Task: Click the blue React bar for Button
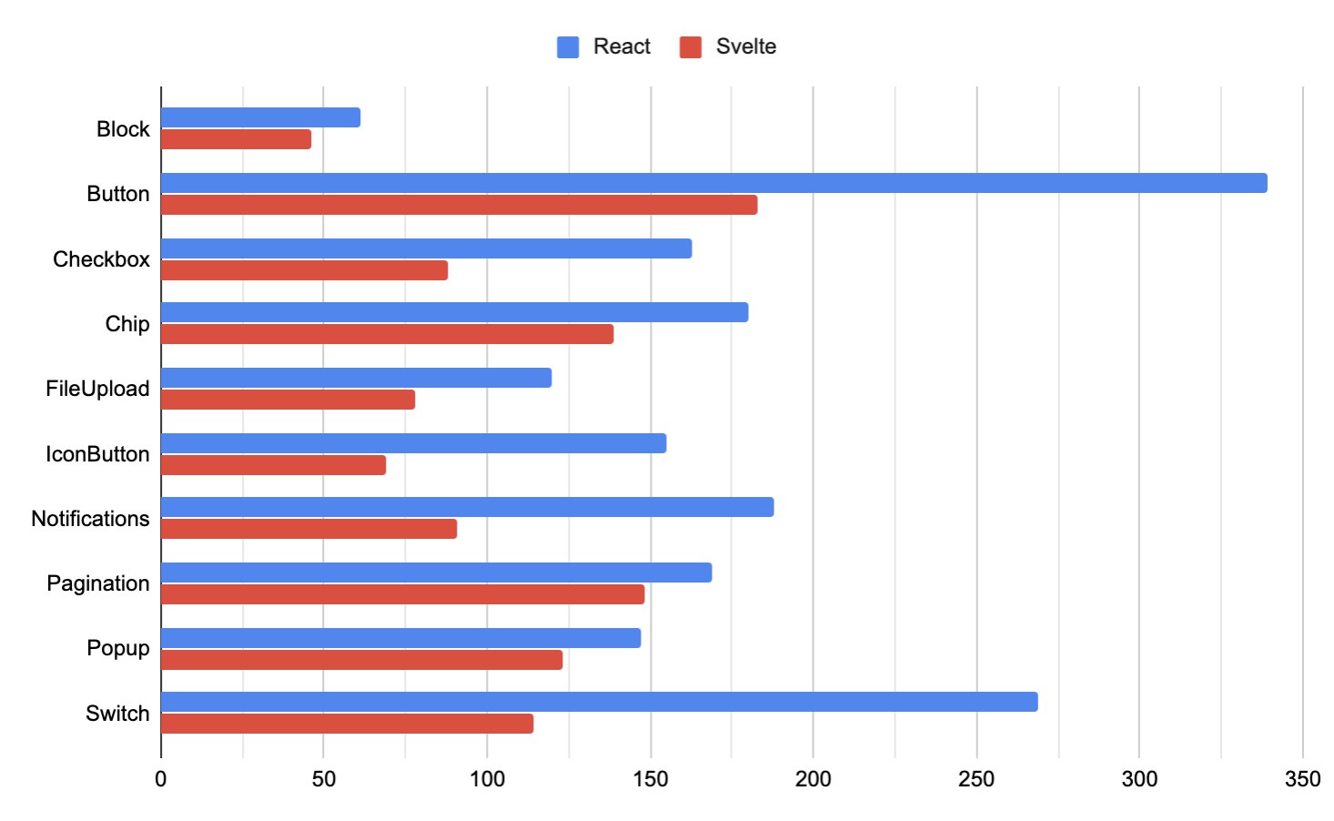click(713, 183)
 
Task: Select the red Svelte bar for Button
click(459, 205)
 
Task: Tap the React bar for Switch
click(599, 702)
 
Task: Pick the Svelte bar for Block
click(236, 139)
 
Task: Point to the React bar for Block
click(260, 117)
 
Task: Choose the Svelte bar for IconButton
click(273, 465)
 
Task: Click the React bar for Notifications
click(467, 507)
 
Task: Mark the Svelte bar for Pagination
click(402, 594)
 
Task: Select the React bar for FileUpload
click(356, 378)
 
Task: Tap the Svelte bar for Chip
click(387, 334)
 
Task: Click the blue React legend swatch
click(568, 47)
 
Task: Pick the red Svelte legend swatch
click(691, 47)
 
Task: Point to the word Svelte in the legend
click(746, 46)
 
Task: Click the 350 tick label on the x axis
click(1302, 779)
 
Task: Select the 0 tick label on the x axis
click(161, 779)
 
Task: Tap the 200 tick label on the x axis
click(813, 779)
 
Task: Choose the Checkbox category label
click(101, 259)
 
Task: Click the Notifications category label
click(90, 519)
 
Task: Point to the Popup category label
click(118, 648)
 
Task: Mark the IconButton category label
click(97, 454)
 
